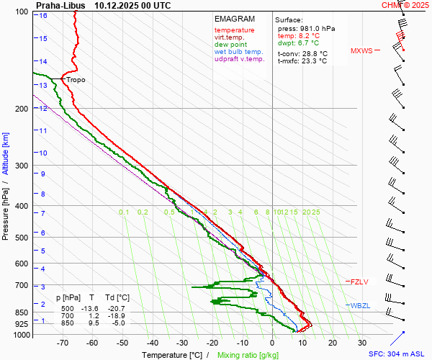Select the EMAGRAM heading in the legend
[x=235, y=19]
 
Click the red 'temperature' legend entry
[x=234, y=30]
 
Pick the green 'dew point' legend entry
[x=230, y=45]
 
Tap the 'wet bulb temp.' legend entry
[x=238, y=52]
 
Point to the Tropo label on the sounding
[x=76, y=80]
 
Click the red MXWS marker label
[x=361, y=51]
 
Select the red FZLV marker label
[x=359, y=282]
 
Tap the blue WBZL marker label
[x=360, y=306]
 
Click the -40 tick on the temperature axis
[x=153, y=343]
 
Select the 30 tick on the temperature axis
[x=362, y=343]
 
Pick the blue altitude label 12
[x=43, y=109]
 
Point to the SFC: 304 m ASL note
[x=398, y=354]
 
